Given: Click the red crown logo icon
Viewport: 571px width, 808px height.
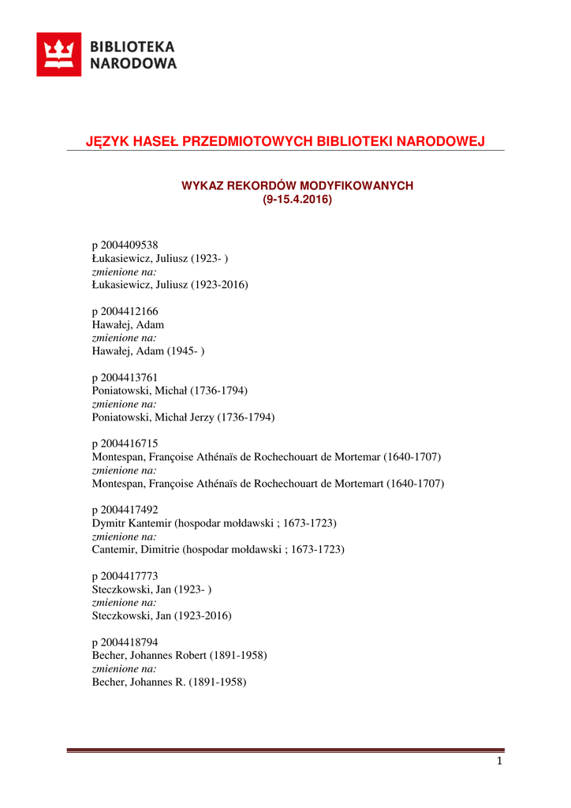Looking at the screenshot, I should pyautogui.click(x=58, y=54).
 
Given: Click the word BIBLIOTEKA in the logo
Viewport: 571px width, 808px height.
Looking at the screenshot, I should pyautogui.click(x=133, y=47).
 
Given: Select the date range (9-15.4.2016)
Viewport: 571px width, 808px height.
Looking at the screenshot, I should pyautogui.click(x=297, y=200).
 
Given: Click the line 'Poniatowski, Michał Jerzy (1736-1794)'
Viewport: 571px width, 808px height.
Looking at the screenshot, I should pyautogui.click(x=183, y=417).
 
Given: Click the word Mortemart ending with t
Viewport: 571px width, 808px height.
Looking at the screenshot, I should pyautogui.click(x=358, y=483).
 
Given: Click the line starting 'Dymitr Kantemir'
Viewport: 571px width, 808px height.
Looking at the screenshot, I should pyautogui.click(x=215, y=523).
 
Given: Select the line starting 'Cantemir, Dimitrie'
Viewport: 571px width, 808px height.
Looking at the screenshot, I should pyautogui.click(x=218, y=549).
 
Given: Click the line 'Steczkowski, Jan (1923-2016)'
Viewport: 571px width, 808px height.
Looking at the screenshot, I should pyautogui.click(x=162, y=615).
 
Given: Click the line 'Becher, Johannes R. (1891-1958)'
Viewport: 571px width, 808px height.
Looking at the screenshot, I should pyautogui.click(x=170, y=682).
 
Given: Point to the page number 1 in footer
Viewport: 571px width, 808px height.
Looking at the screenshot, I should pyautogui.click(x=499, y=761).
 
